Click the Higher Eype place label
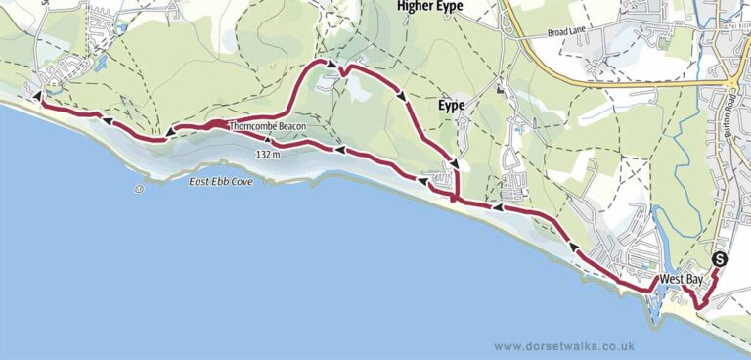coord(429,7)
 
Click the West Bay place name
coord(681,280)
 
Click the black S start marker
coord(720,259)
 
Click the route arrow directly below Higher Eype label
coord(402,94)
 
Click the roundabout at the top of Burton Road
coord(733,83)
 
